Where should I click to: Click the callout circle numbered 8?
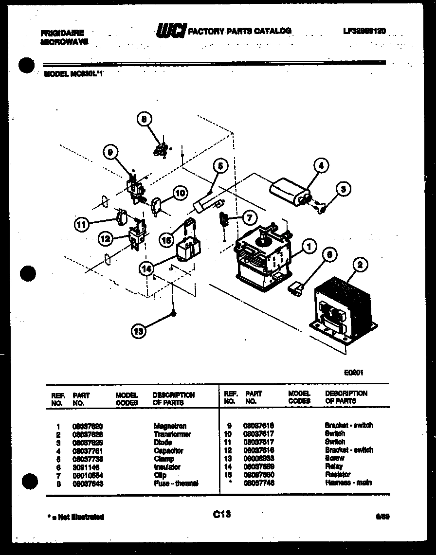[x=145, y=120]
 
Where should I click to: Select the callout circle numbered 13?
[x=139, y=332]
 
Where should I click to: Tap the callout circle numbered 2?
[x=360, y=265]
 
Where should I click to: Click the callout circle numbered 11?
[x=82, y=224]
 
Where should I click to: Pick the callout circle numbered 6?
[x=330, y=254]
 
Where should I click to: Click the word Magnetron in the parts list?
[x=170, y=426]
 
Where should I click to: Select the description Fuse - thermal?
[x=176, y=483]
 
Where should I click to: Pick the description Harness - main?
[x=348, y=483]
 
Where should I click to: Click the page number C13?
[x=221, y=514]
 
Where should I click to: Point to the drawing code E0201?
[x=354, y=373]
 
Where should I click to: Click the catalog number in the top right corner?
[x=364, y=31]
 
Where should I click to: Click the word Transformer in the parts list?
[x=172, y=434]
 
